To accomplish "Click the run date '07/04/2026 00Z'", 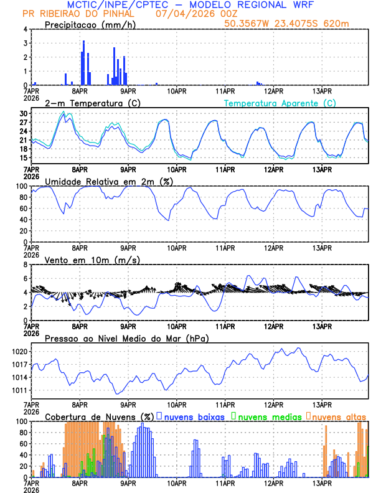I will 188,14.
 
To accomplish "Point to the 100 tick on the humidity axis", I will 22,186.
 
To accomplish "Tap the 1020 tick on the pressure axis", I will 21,352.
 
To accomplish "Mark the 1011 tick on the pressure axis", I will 21,391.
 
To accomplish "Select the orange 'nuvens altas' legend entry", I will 339,416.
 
